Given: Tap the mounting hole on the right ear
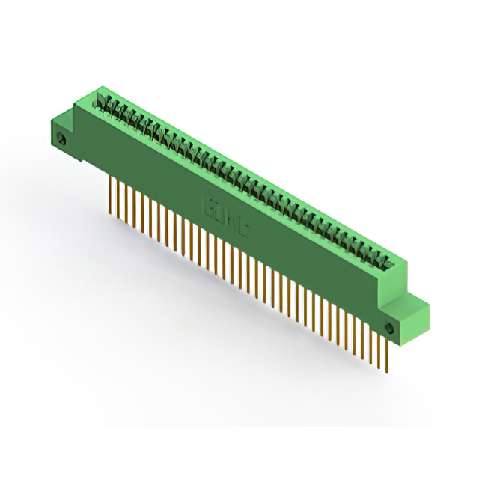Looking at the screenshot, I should click(x=388, y=329).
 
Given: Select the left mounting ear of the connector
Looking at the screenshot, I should click(x=63, y=135).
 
